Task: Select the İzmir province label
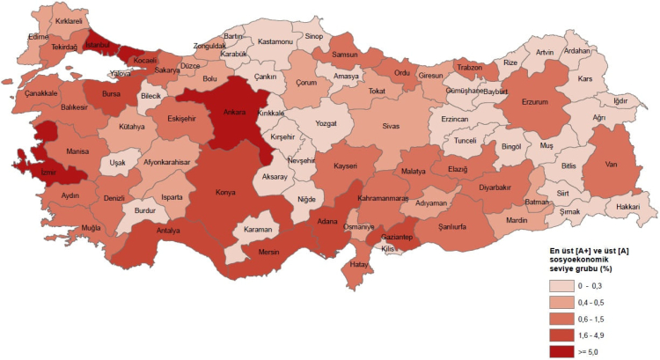click(24, 173)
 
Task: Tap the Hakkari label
click(627, 207)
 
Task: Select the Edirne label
click(38, 37)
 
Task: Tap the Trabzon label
click(470, 68)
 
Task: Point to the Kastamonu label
click(275, 41)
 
